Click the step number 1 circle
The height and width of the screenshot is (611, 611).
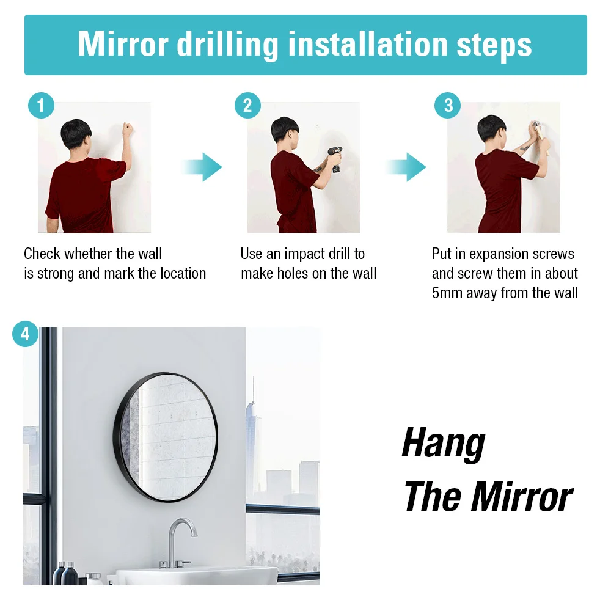coord(41,106)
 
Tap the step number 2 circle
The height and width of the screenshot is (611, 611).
coord(247,106)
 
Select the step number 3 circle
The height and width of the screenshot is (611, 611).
coord(448,105)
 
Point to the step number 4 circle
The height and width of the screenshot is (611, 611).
coord(25,334)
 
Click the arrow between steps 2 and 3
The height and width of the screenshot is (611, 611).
coord(406,167)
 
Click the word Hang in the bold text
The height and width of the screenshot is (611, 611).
coord(444,444)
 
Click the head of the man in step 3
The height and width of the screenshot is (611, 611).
coord(491,128)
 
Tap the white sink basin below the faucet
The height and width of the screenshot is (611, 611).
coord(197,576)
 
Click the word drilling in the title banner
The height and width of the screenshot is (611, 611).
coord(227,46)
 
